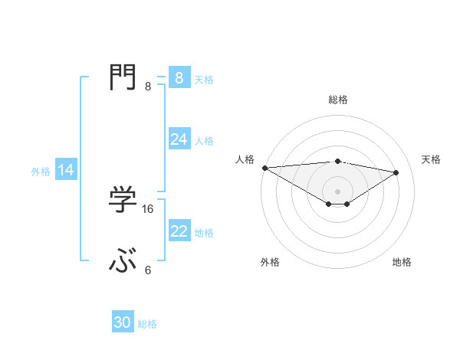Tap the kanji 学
123,199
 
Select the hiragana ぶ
123,263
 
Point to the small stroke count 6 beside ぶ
148,270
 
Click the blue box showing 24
179,139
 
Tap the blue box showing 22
179,231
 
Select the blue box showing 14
66,170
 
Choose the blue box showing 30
123,322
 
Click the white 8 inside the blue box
179,77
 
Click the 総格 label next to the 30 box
147,324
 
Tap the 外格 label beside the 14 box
41,172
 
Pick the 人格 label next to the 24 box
204,141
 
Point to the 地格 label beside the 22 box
204,233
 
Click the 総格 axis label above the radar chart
337,100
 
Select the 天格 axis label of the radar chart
431,159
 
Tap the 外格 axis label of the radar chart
269,263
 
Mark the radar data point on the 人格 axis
264,167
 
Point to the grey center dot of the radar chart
337,191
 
